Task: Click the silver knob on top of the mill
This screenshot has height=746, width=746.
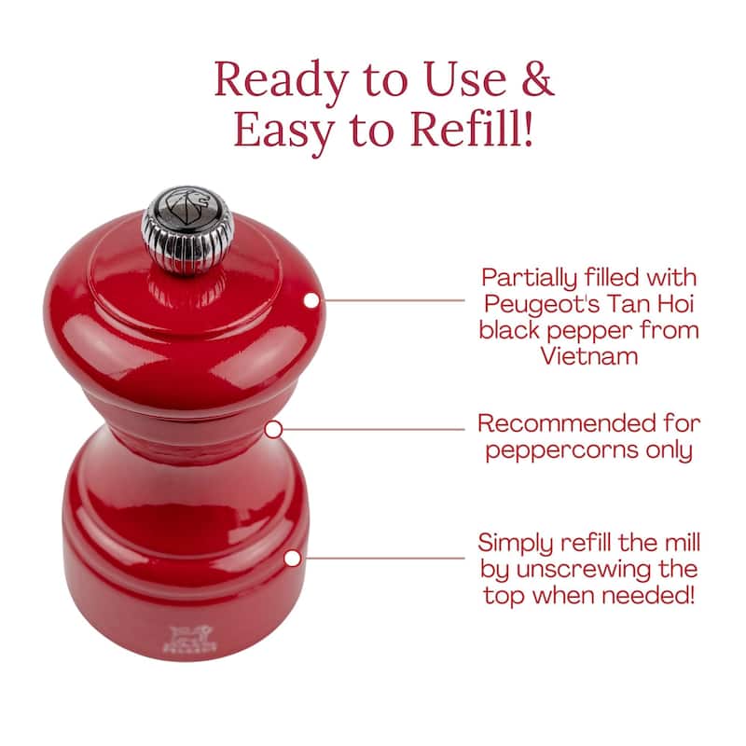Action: click(x=187, y=230)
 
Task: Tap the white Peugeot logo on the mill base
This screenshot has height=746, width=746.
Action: click(x=190, y=639)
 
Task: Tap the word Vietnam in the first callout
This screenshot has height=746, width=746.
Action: click(x=589, y=356)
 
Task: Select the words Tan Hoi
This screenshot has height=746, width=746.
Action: click(x=650, y=304)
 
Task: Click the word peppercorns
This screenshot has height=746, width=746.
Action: click(x=561, y=451)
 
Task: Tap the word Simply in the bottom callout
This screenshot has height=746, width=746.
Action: click(x=516, y=544)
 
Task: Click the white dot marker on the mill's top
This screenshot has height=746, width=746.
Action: click(x=311, y=300)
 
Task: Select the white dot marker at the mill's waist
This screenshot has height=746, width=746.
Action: click(x=273, y=430)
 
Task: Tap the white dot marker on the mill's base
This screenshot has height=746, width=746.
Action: click(x=293, y=558)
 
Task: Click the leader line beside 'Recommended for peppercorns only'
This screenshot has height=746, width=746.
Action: click(x=374, y=429)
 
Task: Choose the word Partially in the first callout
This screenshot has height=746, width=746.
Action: click(x=529, y=279)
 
